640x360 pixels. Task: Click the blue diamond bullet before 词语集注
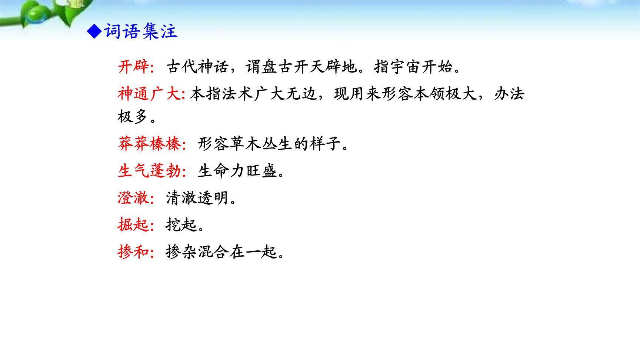pos(94,31)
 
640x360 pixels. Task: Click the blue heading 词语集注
pos(141,31)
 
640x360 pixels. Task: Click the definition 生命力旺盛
pos(237,171)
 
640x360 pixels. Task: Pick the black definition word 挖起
pos(181,225)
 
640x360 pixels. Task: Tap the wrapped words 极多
pos(133,117)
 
